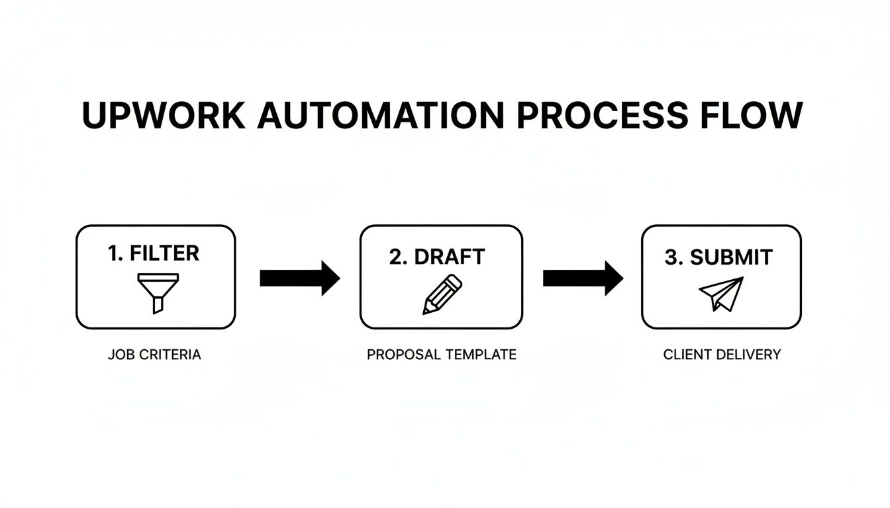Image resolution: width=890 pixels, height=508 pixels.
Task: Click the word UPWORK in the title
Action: point(162,116)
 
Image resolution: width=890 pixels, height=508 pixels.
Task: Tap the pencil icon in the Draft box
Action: point(442,295)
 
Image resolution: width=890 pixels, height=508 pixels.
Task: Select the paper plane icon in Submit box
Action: point(721,294)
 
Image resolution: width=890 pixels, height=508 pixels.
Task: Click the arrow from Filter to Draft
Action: point(299,278)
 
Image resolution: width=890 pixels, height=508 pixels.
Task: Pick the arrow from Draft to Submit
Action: point(583,278)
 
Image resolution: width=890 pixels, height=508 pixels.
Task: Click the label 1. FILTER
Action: point(154,253)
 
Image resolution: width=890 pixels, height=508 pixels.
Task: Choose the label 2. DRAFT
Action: point(437,257)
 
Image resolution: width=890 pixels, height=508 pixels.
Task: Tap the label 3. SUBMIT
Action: point(718,257)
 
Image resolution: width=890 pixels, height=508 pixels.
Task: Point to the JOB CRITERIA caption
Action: point(154,355)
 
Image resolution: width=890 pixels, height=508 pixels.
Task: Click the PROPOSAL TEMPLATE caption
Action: point(442,355)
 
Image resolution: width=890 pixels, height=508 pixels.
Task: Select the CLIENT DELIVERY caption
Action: point(722,355)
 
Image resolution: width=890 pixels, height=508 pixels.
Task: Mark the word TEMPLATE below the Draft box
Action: point(481,355)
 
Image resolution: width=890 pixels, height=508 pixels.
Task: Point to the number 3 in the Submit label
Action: point(671,257)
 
